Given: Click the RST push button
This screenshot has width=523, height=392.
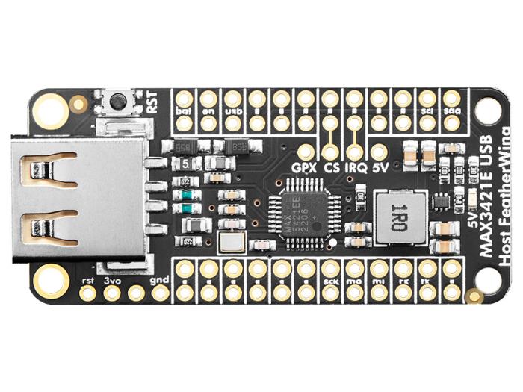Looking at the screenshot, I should (117, 101).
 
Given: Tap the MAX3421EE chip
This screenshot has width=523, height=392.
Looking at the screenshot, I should (299, 211).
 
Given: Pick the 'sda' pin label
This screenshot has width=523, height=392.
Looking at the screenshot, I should (451, 110).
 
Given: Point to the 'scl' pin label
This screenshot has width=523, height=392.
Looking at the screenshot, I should (427, 110).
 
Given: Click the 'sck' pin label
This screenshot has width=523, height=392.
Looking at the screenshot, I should (330, 281).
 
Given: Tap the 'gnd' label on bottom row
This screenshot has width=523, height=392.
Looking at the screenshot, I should (159, 280).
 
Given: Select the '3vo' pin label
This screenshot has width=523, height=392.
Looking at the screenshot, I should (111, 280).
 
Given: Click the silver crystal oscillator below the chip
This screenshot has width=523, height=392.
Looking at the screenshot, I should (231, 242).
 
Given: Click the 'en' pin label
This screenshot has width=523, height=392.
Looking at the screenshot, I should (208, 110).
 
